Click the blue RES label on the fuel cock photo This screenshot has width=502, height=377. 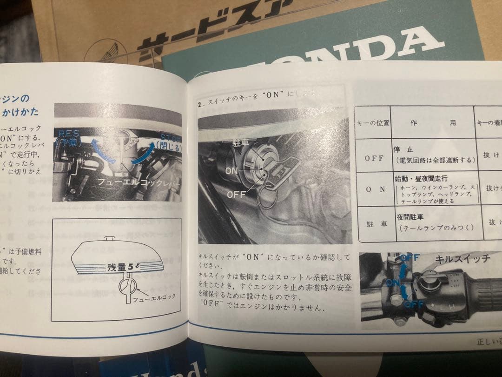click(x=69, y=133)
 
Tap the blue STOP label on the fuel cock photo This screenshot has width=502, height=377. click(x=170, y=137)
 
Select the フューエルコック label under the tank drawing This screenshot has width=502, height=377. click(x=154, y=296)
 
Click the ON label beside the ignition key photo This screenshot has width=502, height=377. click(x=231, y=171)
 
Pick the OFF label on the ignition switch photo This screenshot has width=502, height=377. click(x=236, y=195)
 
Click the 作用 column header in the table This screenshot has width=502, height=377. click(x=433, y=123)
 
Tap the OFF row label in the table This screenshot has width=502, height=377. click(x=374, y=158)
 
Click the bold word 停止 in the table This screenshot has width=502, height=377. click(x=403, y=150)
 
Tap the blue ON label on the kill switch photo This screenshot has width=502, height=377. click(x=392, y=283)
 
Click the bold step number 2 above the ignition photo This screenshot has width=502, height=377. click(x=200, y=105)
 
